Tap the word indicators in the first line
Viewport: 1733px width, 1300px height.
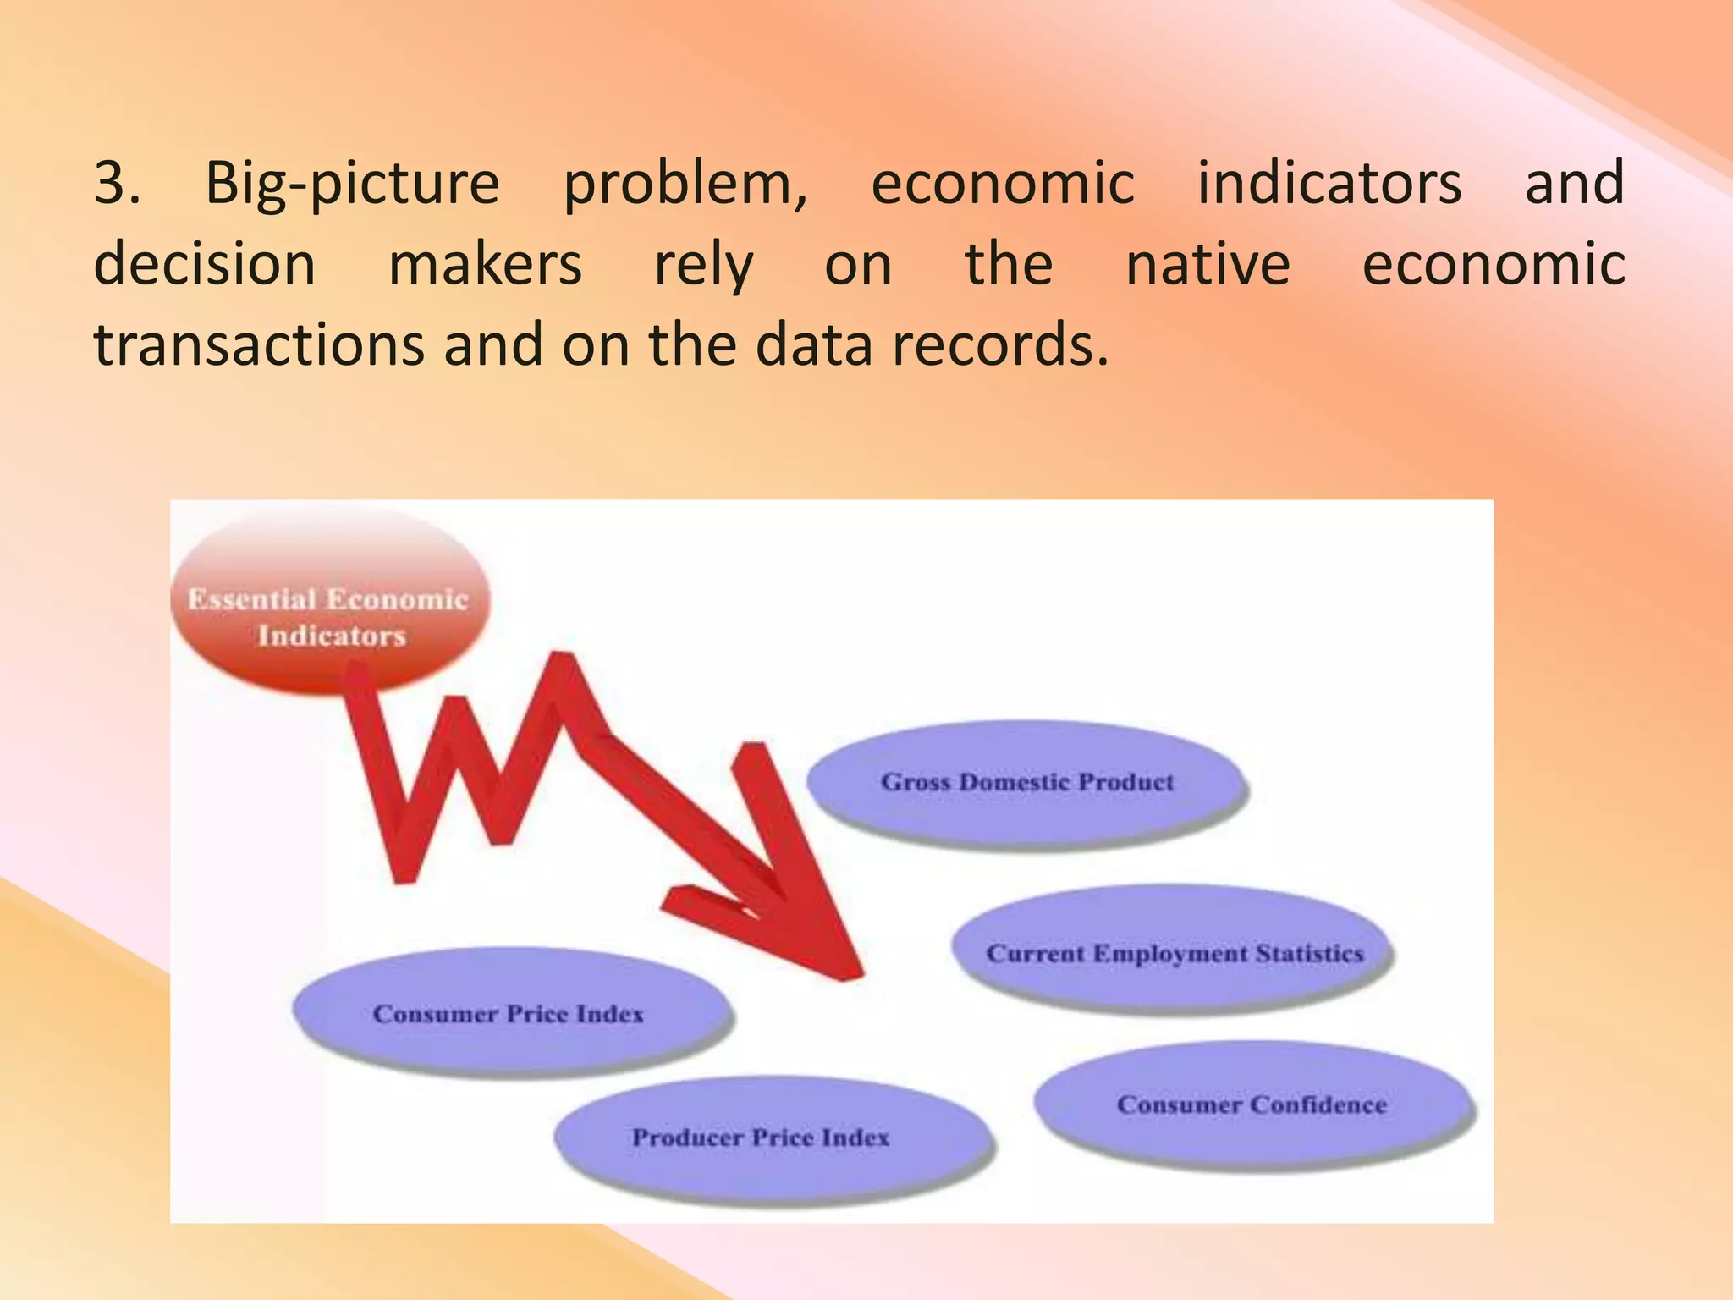tap(1329, 183)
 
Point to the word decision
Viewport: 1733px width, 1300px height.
tap(205, 264)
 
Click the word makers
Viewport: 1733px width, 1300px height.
tap(485, 264)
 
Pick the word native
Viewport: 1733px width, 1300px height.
tap(1208, 264)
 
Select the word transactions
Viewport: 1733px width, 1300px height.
tap(259, 345)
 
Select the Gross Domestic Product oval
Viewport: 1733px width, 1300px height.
tap(1026, 783)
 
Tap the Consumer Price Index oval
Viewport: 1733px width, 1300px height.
tap(509, 1013)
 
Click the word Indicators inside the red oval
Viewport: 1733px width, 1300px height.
tap(332, 636)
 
